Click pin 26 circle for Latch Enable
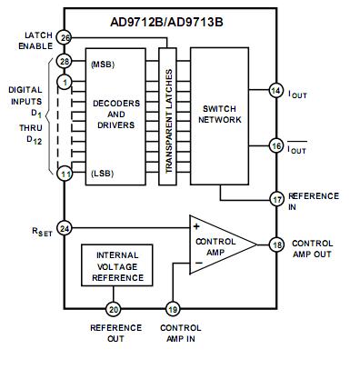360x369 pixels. point(65,37)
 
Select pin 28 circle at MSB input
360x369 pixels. point(65,62)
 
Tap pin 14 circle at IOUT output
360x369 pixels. point(276,90)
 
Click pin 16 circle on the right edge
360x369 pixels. point(276,146)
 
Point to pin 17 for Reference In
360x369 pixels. point(277,199)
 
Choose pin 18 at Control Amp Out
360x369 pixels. point(277,244)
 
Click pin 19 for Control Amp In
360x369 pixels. point(173,309)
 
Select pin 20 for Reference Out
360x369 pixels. point(113,309)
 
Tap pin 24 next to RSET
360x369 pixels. point(65,228)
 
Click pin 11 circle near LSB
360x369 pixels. point(65,174)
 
